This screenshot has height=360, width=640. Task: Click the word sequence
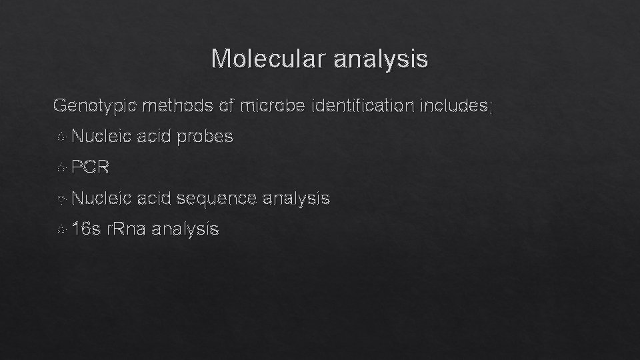point(218,198)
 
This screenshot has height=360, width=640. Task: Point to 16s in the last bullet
point(86,229)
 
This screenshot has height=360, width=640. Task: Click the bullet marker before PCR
point(61,168)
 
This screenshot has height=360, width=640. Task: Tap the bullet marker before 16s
point(61,230)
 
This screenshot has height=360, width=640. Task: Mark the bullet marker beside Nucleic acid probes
point(61,137)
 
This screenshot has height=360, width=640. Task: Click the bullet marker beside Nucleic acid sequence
point(61,199)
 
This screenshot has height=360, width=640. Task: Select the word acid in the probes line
point(154,137)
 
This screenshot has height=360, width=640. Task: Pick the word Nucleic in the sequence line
point(101,198)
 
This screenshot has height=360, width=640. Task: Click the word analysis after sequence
point(296,198)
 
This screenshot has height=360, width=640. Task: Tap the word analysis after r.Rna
point(185,229)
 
